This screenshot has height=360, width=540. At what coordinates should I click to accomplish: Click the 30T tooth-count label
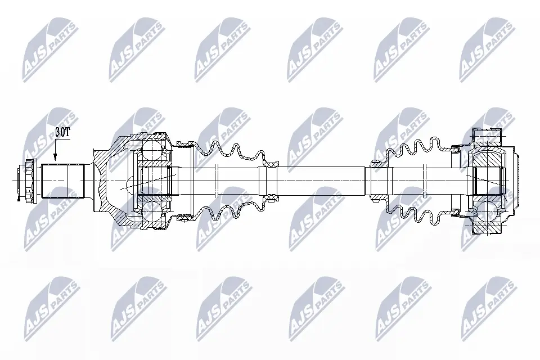(x=62, y=133)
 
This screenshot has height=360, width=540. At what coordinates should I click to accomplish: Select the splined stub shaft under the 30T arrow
(x=63, y=181)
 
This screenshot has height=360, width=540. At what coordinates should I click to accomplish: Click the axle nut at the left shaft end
(x=29, y=181)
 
